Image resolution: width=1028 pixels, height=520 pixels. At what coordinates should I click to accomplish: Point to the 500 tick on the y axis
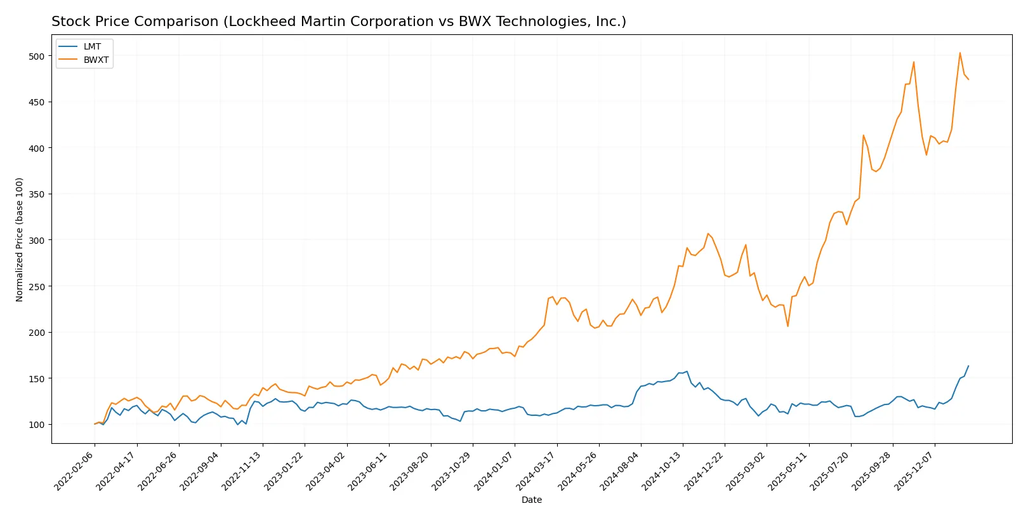(x=37, y=56)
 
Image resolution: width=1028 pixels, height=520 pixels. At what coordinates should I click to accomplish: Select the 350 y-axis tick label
(x=37, y=194)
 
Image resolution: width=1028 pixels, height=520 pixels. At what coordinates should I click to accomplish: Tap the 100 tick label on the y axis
(x=37, y=425)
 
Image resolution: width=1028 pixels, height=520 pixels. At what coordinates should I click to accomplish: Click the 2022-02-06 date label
(x=75, y=470)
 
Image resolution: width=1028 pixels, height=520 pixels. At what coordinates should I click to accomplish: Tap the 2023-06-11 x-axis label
(x=369, y=470)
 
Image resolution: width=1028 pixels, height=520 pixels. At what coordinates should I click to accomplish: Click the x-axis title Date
(x=531, y=500)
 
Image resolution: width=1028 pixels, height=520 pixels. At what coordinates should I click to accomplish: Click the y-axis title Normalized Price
(x=20, y=239)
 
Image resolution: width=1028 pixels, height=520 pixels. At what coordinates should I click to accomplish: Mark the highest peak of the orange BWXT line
(x=959, y=53)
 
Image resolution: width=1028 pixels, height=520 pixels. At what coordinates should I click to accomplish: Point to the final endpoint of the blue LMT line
(x=968, y=366)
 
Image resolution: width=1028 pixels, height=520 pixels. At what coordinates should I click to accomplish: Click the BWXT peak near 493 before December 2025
(x=913, y=62)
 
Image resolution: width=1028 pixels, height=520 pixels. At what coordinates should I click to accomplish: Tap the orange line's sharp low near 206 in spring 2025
(x=787, y=326)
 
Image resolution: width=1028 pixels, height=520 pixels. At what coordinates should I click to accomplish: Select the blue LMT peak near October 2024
(x=687, y=371)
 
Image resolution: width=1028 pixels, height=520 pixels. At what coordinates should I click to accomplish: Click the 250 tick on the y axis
(x=37, y=286)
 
